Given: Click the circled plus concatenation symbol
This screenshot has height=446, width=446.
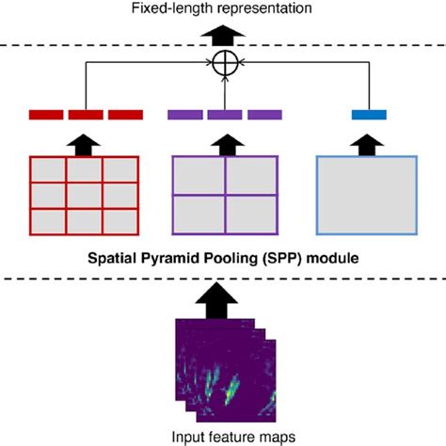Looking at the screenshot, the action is click(x=225, y=63).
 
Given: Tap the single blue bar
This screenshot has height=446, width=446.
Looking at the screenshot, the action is click(x=369, y=115).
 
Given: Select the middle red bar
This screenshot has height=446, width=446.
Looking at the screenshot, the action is click(x=86, y=115).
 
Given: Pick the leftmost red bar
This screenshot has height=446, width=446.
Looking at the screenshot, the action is click(x=46, y=115).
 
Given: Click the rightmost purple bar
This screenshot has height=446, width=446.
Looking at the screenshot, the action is click(x=264, y=115).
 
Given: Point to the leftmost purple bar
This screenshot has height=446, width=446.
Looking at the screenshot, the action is click(x=185, y=115).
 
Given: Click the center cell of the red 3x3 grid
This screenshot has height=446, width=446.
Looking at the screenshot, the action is click(x=85, y=196).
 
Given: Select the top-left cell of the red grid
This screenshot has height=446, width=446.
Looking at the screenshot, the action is click(x=48, y=169).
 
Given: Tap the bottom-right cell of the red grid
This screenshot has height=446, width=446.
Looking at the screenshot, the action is click(x=120, y=221).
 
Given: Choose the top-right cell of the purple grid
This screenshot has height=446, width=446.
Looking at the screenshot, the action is click(x=251, y=175).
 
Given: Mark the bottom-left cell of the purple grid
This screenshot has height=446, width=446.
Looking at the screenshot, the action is click(x=199, y=215).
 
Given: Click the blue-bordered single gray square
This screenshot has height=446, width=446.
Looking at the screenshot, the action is click(x=367, y=195).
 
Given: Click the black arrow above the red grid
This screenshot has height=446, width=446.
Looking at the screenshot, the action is click(x=84, y=145).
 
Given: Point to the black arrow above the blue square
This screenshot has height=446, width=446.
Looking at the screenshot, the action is click(x=367, y=145).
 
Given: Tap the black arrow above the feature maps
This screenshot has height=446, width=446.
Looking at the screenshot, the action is click(x=216, y=300).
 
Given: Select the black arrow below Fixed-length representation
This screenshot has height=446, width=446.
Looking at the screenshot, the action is click(x=223, y=35).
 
